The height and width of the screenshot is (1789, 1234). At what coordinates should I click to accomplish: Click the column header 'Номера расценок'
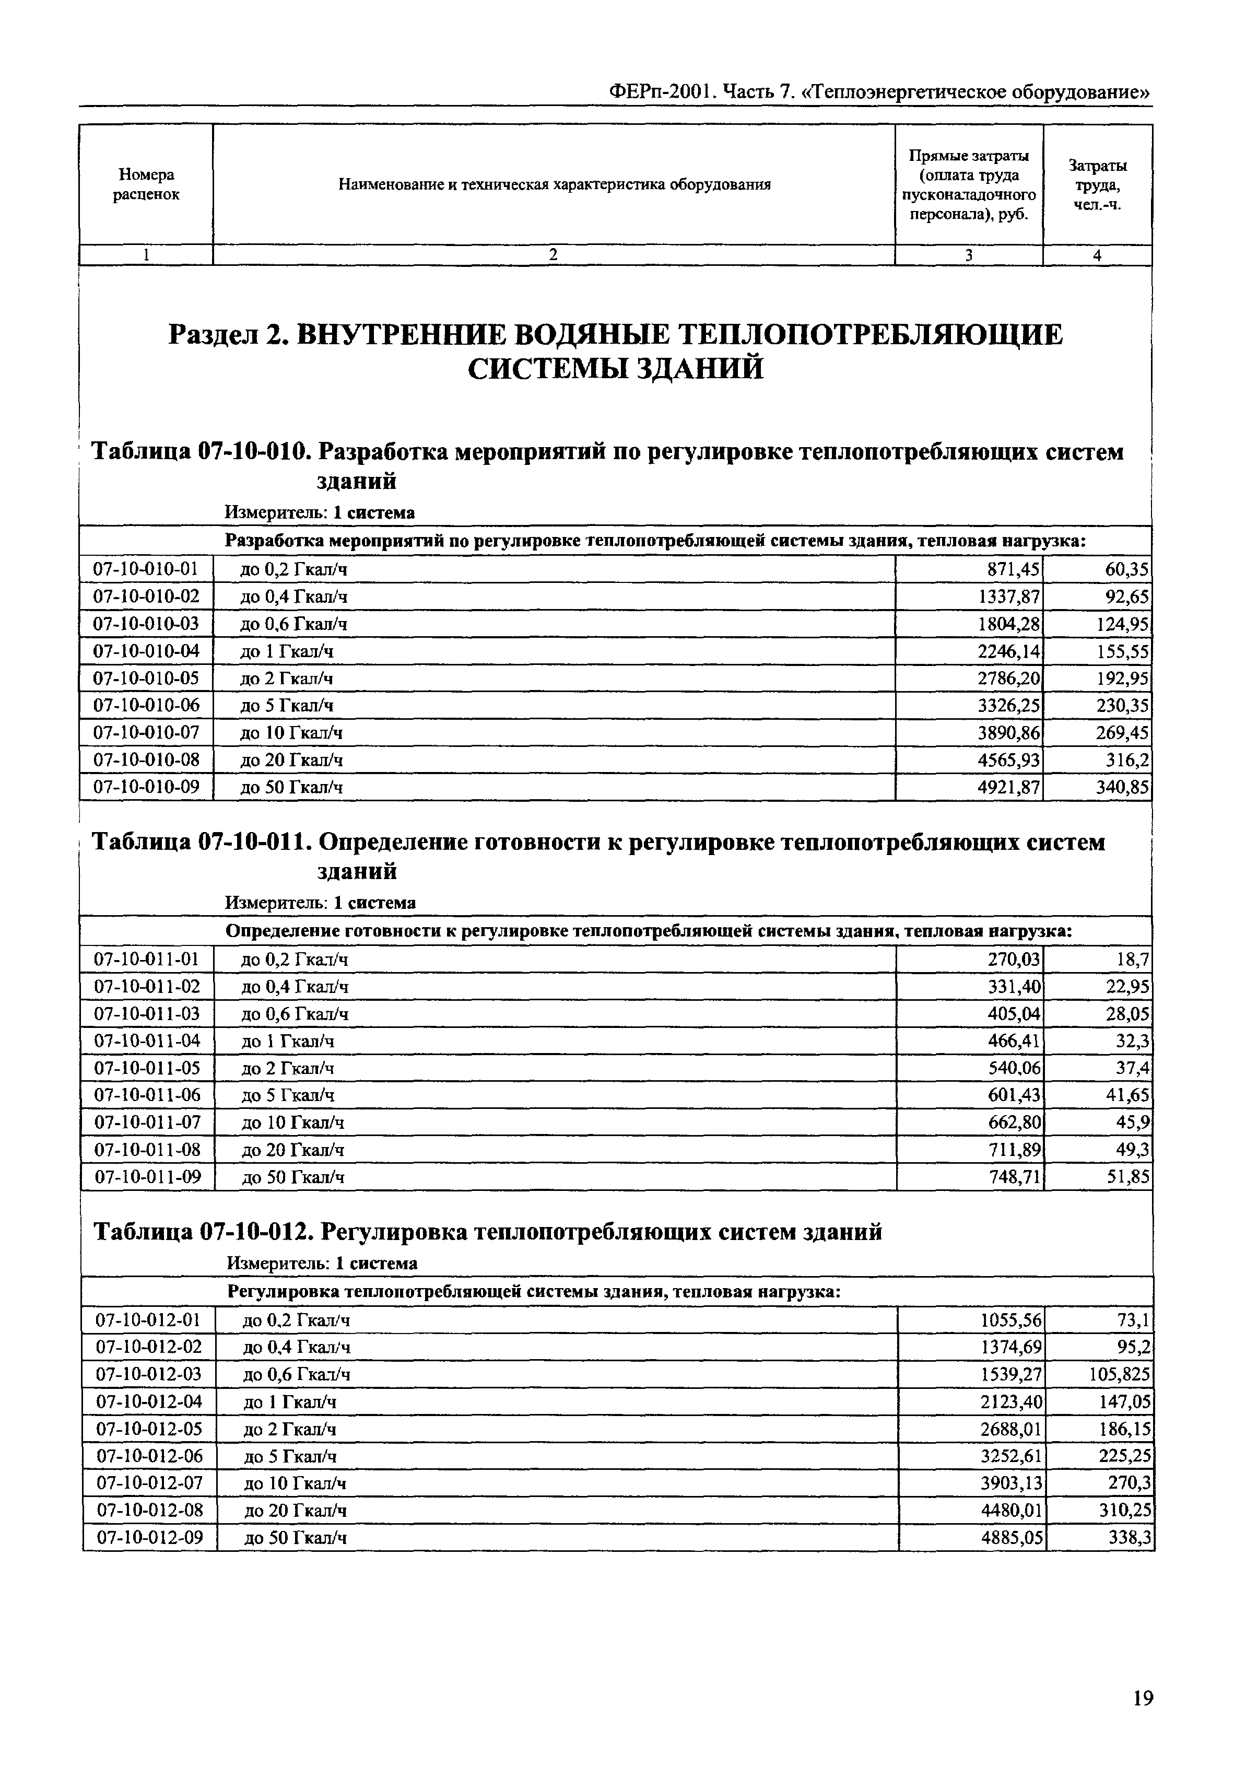pos(146,185)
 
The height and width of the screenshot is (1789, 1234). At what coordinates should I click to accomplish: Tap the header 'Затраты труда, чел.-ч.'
pos(1097,185)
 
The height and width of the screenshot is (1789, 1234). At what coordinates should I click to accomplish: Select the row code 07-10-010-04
pos(146,651)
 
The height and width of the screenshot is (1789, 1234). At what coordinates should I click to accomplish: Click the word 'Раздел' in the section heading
pos(211,335)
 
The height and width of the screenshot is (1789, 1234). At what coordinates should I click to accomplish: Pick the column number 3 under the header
pos(968,255)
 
